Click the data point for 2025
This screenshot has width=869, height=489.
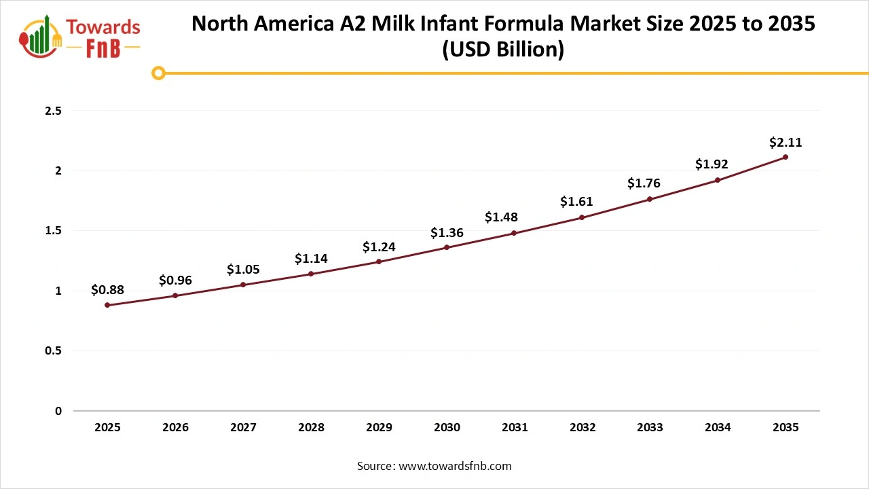point(107,305)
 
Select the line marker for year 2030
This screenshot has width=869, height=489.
point(447,247)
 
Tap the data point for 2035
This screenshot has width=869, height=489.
point(785,157)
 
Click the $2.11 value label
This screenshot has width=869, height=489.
point(785,142)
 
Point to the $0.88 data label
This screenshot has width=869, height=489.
point(107,290)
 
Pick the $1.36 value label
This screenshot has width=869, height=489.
point(447,233)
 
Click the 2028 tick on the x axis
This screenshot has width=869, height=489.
point(311,427)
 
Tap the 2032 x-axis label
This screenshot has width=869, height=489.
point(583,427)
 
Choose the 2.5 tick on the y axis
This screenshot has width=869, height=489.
point(53,111)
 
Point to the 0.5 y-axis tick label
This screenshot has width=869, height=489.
point(53,351)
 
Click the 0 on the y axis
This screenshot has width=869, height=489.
point(58,411)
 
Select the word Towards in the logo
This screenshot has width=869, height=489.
point(104,28)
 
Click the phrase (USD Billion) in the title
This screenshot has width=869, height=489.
point(503,50)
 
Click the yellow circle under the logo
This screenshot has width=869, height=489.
point(158,73)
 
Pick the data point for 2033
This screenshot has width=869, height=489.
point(650,199)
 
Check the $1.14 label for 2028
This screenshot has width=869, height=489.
point(311,259)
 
